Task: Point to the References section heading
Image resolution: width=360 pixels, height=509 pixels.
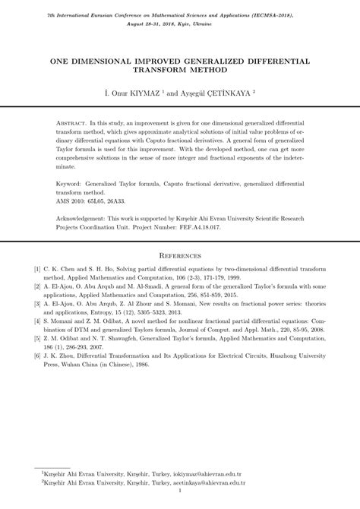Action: tap(180, 256)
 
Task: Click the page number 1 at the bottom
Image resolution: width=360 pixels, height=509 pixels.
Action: tap(180, 500)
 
